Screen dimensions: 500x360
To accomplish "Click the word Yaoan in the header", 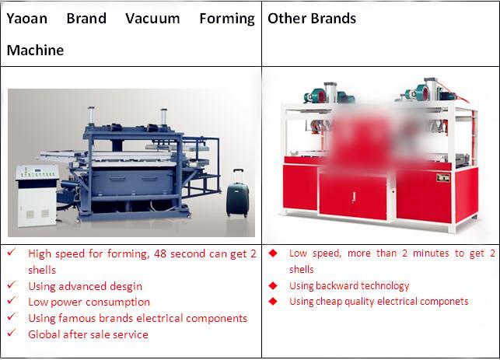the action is pyautogui.click(x=27, y=19).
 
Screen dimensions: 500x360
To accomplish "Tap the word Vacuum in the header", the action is pyautogui.click(x=152, y=19).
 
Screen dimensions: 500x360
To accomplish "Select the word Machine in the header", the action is pyautogui.click(x=35, y=51).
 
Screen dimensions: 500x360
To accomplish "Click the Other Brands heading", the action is pyautogui.click(x=312, y=19).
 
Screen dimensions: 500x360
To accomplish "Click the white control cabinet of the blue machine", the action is pyautogui.click(x=37, y=195).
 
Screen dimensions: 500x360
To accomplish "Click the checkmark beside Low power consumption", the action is pyautogui.click(x=12, y=300).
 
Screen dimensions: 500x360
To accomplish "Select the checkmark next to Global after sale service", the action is pyautogui.click(x=12, y=333).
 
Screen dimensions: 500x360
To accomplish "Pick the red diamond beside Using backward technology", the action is pyautogui.click(x=273, y=285).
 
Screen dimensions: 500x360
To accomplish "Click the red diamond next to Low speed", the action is pyautogui.click(x=273, y=253).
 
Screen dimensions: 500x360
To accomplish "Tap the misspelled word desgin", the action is pyautogui.click(x=126, y=287).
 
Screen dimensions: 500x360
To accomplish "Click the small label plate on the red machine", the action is pyautogui.click(x=443, y=177).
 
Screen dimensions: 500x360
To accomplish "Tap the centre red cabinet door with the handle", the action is pyautogui.click(x=353, y=197).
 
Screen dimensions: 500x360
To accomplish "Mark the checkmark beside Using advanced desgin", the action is pyautogui.click(x=12, y=285).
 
